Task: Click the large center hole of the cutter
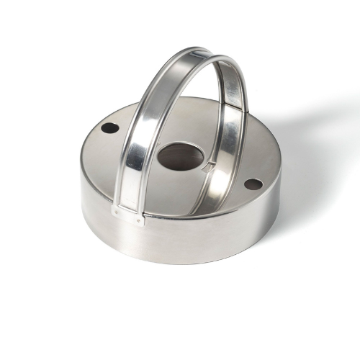[x=178, y=156]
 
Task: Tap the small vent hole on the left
[x=109, y=128]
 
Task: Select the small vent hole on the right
[x=253, y=184]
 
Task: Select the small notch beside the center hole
[x=208, y=167]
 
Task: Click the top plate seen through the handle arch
[x=189, y=122]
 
